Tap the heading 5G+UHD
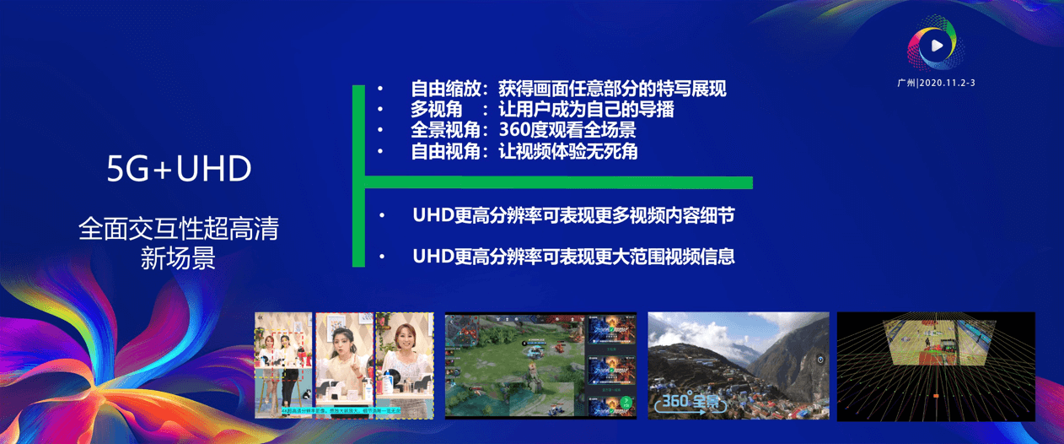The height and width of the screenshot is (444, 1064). (179, 170)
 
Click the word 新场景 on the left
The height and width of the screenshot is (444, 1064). (179, 257)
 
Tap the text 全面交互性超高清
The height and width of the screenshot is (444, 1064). (179, 229)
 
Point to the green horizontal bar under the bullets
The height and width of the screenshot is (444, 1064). (556, 182)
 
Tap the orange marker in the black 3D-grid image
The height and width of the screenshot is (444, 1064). (936, 395)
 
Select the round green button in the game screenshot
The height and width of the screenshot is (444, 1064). (626, 402)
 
